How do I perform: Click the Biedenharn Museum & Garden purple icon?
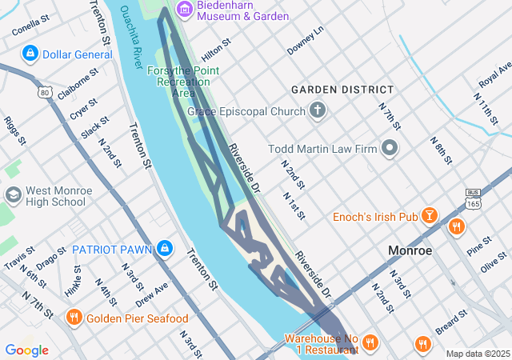point(186,10)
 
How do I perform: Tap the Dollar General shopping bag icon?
point(30,54)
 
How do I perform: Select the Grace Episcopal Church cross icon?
point(318,110)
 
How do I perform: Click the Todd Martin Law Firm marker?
point(390,147)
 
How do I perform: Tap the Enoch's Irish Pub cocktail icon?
point(430,216)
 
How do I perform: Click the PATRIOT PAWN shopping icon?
point(165,249)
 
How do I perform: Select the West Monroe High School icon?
point(14,195)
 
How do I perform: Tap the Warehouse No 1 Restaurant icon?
point(369,343)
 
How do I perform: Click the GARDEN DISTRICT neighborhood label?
point(342,90)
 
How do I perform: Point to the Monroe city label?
point(410,250)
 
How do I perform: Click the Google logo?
point(26,350)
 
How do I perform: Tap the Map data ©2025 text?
point(477,354)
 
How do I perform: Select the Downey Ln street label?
point(305,40)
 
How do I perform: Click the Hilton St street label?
point(215,47)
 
